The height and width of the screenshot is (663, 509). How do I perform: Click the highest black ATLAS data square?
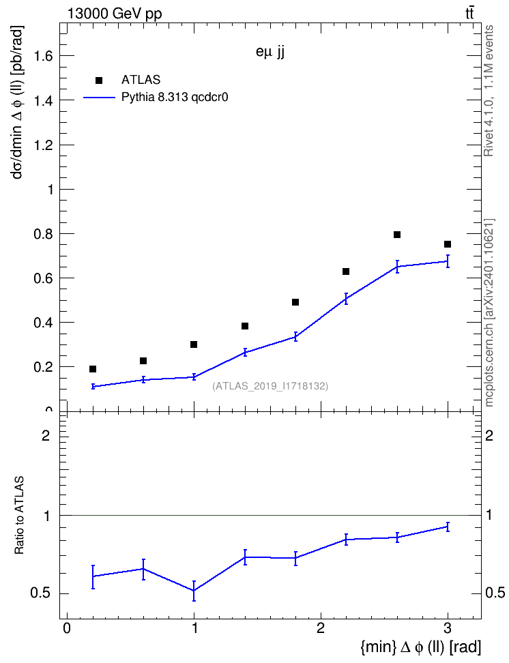(397, 235)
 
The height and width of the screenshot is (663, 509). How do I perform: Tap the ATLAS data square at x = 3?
(448, 244)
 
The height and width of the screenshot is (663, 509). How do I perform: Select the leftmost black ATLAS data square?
(93, 369)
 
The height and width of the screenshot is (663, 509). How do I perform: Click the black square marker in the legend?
(99, 80)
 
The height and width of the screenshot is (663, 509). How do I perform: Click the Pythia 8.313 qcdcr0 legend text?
(175, 98)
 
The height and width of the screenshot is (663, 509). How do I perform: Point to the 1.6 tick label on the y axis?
(44, 56)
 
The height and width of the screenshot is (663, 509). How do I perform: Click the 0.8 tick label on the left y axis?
(44, 234)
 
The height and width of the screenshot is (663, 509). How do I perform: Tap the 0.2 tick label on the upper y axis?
(44, 367)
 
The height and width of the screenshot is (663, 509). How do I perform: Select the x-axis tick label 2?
(321, 628)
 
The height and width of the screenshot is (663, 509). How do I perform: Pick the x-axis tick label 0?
(67, 628)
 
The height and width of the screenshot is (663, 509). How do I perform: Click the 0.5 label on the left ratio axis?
(40, 593)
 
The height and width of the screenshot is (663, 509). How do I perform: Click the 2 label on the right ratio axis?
(489, 435)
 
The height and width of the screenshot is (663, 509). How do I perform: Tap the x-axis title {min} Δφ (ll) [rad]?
(420, 647)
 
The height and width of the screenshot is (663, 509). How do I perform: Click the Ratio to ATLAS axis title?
(19, 515)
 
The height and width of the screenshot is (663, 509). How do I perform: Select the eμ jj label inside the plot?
(270, 52)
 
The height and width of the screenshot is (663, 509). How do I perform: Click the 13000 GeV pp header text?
(115, 14)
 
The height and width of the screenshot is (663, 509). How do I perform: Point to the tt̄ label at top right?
(469, 14)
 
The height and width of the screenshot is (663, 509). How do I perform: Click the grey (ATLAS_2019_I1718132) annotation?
(270, 386)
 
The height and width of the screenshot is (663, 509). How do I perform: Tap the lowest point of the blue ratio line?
(194, 591)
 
